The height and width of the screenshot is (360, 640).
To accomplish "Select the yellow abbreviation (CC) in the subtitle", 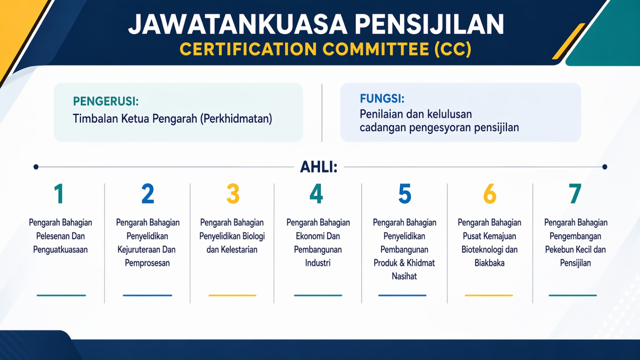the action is click(x=452, y=49).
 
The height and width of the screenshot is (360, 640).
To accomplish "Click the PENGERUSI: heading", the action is click(x=106, y=101).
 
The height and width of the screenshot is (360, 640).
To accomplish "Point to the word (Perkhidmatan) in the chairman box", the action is click(x=236, y=118).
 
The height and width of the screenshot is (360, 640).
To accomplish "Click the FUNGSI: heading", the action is click(x=382, y=98).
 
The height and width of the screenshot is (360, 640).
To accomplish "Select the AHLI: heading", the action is click(x=318, y=167).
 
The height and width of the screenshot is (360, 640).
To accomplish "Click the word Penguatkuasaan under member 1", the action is click(x=60, y=250).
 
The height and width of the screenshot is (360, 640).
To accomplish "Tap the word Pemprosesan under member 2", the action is click(x=147, y=263).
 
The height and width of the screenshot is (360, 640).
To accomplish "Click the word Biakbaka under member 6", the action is click(x=490, y=263).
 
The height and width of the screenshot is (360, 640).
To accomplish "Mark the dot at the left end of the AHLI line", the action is click(x=36, y=167).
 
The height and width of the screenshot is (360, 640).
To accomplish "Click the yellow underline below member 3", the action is click(x=232, y=296).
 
